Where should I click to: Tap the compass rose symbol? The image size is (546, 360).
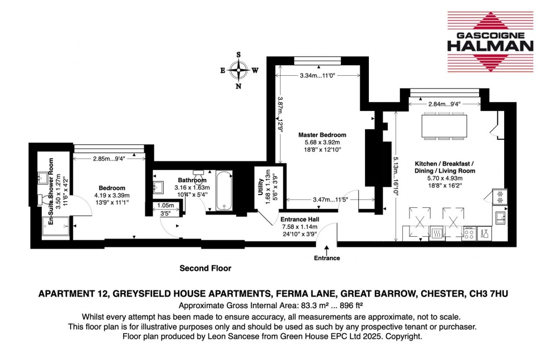tap(240, 70)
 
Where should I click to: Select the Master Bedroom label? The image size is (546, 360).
tap(322, 142)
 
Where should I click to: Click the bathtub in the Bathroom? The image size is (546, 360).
tap(226, 192)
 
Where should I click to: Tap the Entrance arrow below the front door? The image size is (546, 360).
tap(326, 249)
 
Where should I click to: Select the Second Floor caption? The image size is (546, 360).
tap(205, 269)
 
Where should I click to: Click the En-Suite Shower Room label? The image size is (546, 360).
tap(52, 191)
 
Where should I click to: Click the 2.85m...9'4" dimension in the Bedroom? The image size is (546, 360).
tap(109, 158)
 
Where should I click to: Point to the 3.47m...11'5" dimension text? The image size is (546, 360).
tap(328, 199)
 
